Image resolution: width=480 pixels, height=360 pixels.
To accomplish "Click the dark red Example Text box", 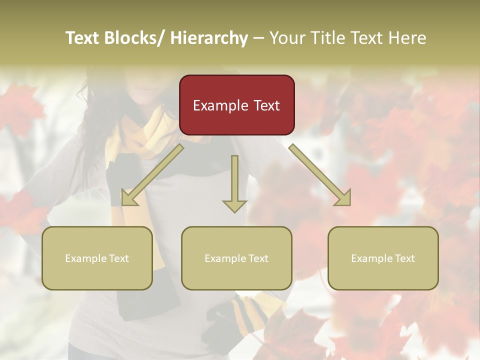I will pos(236,105).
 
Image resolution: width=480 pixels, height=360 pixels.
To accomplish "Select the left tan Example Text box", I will pos(97,258).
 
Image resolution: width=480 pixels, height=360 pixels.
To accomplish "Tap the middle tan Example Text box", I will pos(236,258).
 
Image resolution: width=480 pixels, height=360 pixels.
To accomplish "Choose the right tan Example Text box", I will pos(383,258).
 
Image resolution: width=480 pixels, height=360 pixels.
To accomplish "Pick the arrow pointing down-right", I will pos(320,175).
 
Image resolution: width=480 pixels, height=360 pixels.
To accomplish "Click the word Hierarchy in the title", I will pos(209,38).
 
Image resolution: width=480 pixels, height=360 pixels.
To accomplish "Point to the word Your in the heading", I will pos(286,38).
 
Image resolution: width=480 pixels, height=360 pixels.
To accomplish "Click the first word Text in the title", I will pos(82,38).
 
